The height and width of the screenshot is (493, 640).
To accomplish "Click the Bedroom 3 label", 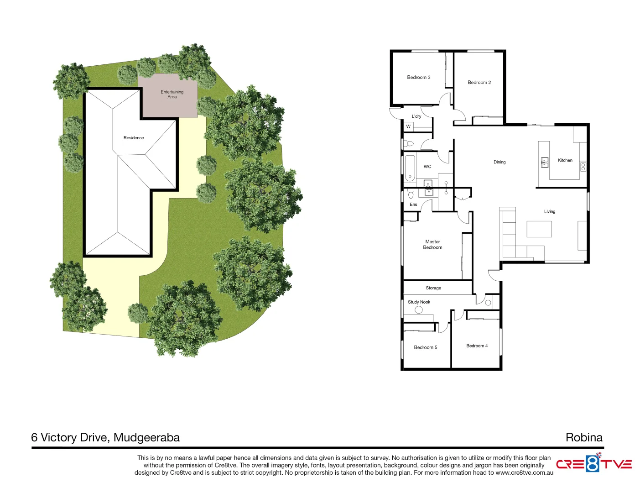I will (418, 78).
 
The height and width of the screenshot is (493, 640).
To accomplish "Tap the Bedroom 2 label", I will (479, 83).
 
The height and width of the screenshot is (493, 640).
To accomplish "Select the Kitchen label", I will (565, 160).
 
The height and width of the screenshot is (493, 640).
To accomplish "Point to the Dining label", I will (499, 162).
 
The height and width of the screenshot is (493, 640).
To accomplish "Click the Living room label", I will (549, 212).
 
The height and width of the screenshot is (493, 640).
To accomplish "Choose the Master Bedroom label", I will (432, 245).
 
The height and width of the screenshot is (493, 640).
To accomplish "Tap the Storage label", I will (433, 288).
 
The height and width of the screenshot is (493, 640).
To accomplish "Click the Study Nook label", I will (419, 302).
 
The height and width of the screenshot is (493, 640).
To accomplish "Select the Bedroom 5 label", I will (425, 347).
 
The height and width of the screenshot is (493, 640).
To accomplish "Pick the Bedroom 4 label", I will (477, 346).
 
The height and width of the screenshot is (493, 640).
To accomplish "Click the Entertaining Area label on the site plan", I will (172, 94).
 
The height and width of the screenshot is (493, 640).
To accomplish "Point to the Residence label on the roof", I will (134, 138).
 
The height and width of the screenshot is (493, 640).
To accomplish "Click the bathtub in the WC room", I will (410, 168).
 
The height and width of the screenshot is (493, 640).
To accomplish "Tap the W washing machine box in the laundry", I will (408, 126).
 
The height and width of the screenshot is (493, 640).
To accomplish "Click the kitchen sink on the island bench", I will (544, 162).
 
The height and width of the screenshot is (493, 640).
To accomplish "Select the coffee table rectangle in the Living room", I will (539, 229).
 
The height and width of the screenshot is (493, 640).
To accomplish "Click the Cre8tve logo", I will (593, 464).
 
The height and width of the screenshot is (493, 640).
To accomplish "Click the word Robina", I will (583, 437).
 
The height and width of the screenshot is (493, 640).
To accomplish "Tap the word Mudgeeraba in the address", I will (146, 437).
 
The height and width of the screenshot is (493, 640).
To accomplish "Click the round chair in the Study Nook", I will (418, 310).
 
